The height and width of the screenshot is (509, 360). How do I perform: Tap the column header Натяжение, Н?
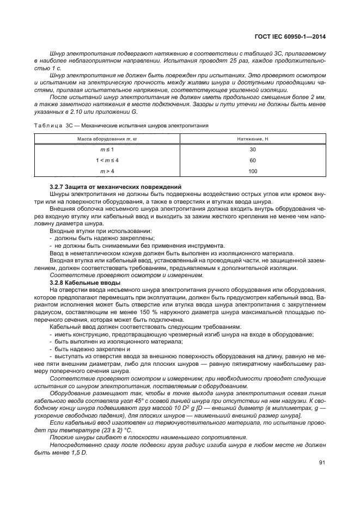252,139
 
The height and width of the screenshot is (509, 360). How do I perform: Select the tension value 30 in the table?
252,149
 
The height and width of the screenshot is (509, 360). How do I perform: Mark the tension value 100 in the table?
252,171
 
